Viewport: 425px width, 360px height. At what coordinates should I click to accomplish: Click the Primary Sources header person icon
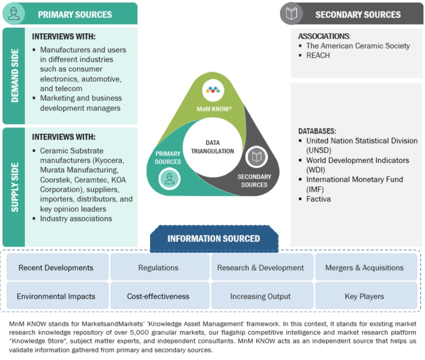pos(14,14)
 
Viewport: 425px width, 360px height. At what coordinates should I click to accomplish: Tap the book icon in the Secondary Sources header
pos(292,14)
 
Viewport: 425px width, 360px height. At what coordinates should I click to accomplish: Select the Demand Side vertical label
pos(14,76)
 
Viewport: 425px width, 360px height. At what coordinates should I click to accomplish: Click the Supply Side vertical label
pos(14,187)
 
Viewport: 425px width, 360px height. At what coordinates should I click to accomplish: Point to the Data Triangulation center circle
pos(213,147)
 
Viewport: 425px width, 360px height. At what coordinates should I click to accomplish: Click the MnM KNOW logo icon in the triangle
pos(213,90)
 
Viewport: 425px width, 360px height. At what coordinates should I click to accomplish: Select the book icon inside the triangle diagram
pos(256,157)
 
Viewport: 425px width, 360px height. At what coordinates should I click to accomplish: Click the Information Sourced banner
pos(214,238)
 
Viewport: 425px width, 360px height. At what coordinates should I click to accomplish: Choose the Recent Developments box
pos(56,268)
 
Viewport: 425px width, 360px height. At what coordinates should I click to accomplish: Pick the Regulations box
pos(159,268)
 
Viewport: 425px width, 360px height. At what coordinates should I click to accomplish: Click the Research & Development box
pos(260,268)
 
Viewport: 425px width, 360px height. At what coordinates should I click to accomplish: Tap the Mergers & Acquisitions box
pos(364,268)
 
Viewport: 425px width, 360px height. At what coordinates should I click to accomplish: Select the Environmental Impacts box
pos(56,296)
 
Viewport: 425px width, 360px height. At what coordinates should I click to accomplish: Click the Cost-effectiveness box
pos(159,296)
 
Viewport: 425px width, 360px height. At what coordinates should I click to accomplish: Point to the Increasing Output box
pos(260,296)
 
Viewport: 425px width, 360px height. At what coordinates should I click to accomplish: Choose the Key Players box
pos(364,296)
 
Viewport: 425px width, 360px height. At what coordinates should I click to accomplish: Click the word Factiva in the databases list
pos(319,199)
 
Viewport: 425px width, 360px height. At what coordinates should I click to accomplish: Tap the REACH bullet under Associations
pos(318,55)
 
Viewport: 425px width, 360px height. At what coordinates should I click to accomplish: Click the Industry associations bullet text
pos(76,218)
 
